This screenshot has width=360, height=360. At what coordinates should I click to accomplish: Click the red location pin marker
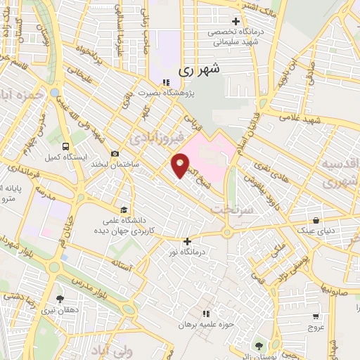[180, 165]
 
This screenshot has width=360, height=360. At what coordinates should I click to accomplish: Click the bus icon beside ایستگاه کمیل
[66, 147]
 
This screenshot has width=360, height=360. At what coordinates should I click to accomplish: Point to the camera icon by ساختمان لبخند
[115, 153]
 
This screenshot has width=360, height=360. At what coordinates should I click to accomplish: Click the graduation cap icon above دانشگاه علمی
[124, 209]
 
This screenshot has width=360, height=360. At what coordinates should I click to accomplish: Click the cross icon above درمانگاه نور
[186, 241]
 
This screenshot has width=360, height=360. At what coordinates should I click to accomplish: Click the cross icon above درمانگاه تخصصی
[236, 20]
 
